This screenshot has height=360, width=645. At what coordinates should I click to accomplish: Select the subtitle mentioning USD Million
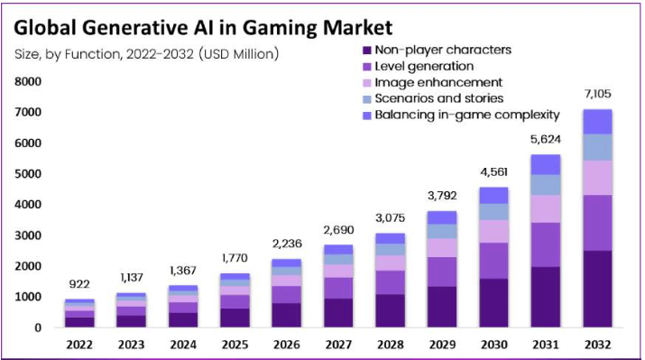(x=146, y=53)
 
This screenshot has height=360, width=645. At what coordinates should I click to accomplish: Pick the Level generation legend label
(x=424, y=66)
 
